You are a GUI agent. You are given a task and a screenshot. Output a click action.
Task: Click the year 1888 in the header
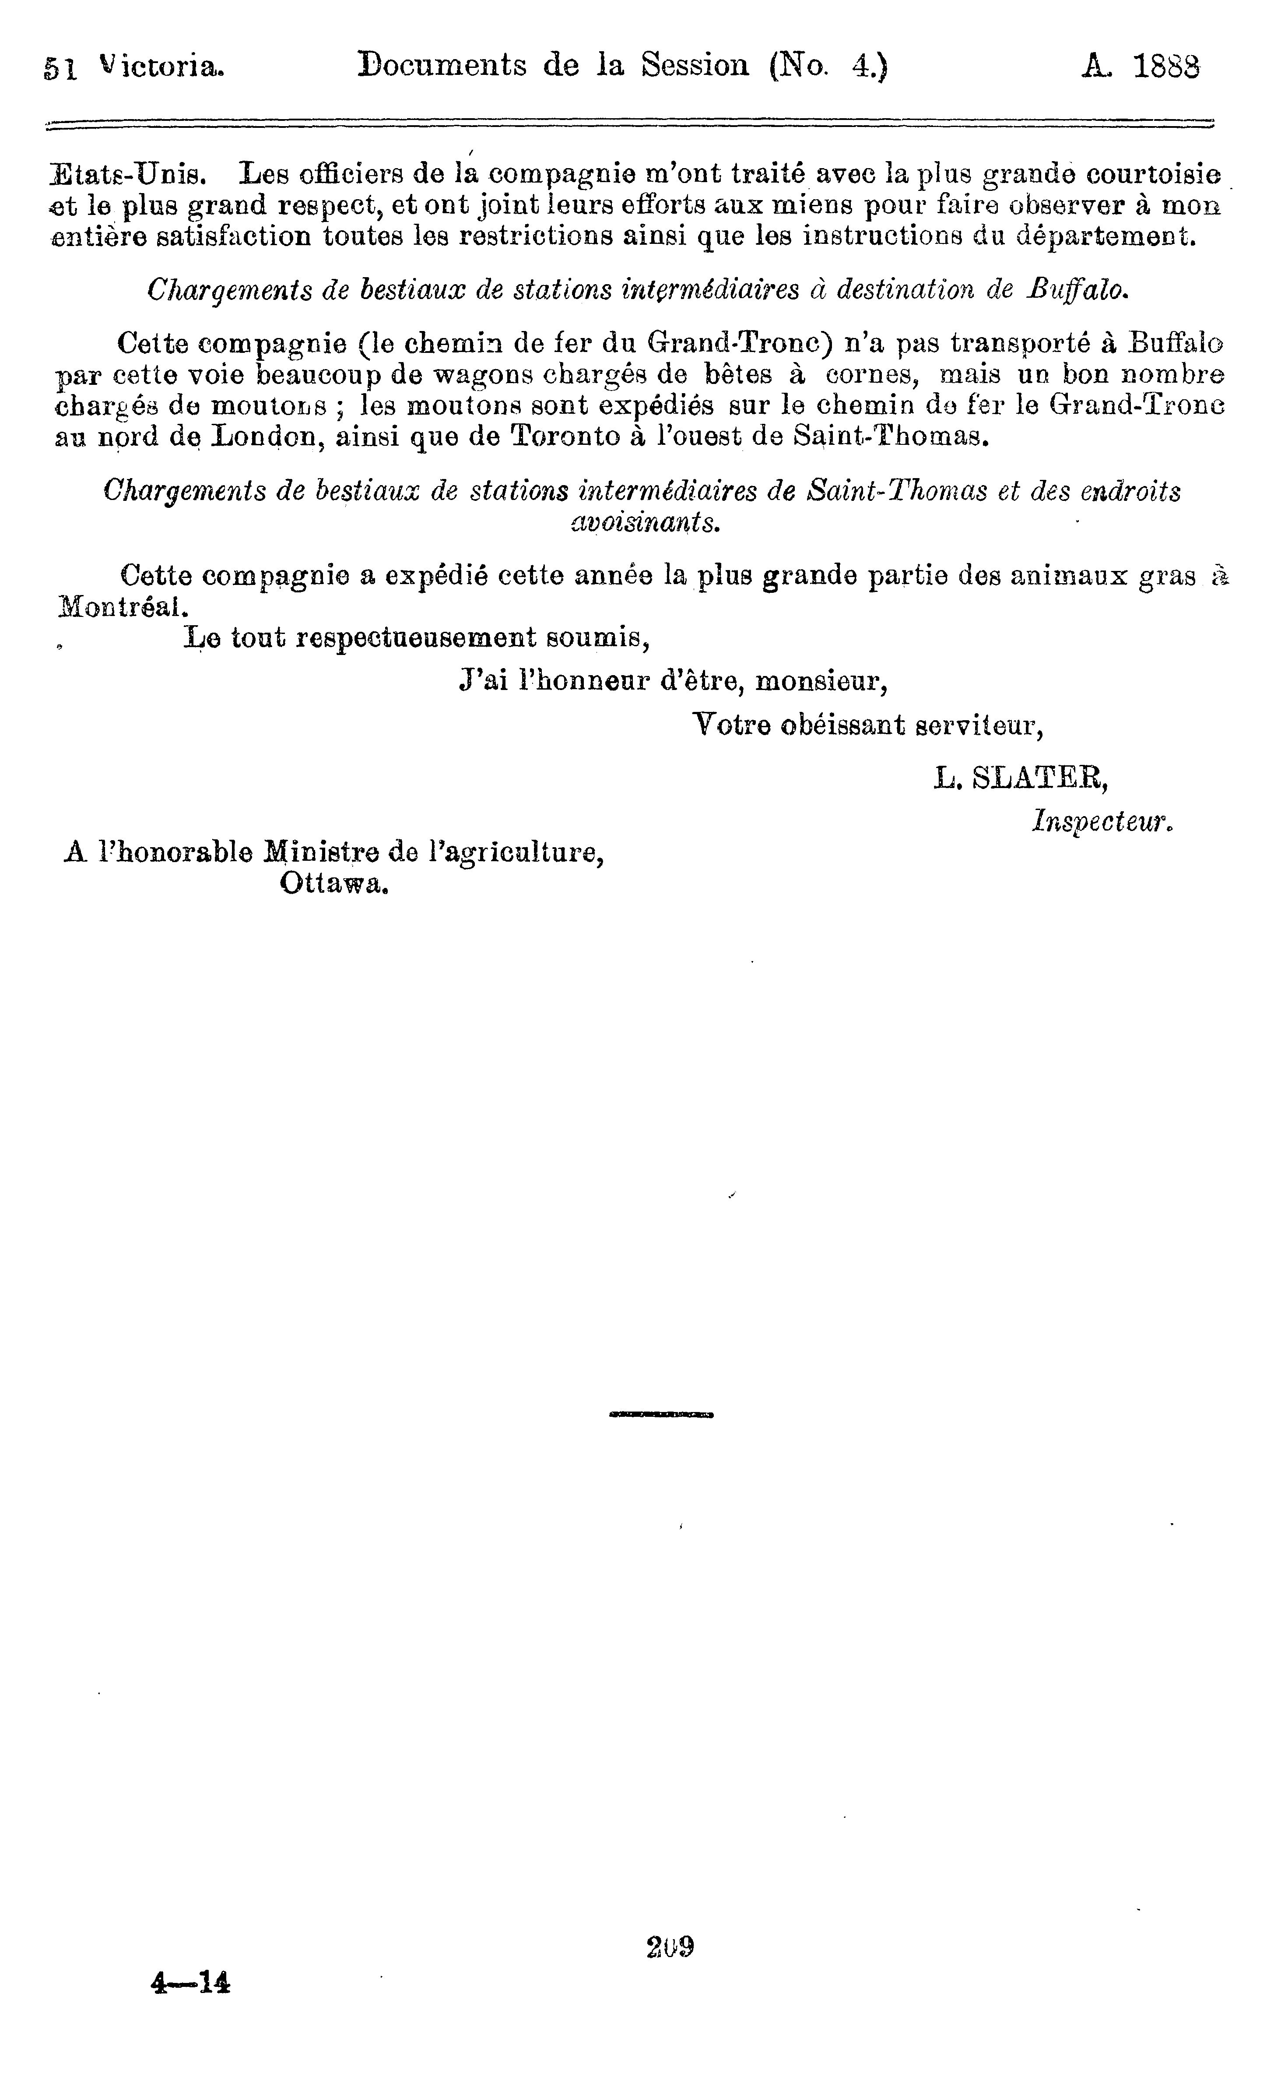1167,66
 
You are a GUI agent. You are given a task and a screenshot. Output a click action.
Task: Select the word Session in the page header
695,66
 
